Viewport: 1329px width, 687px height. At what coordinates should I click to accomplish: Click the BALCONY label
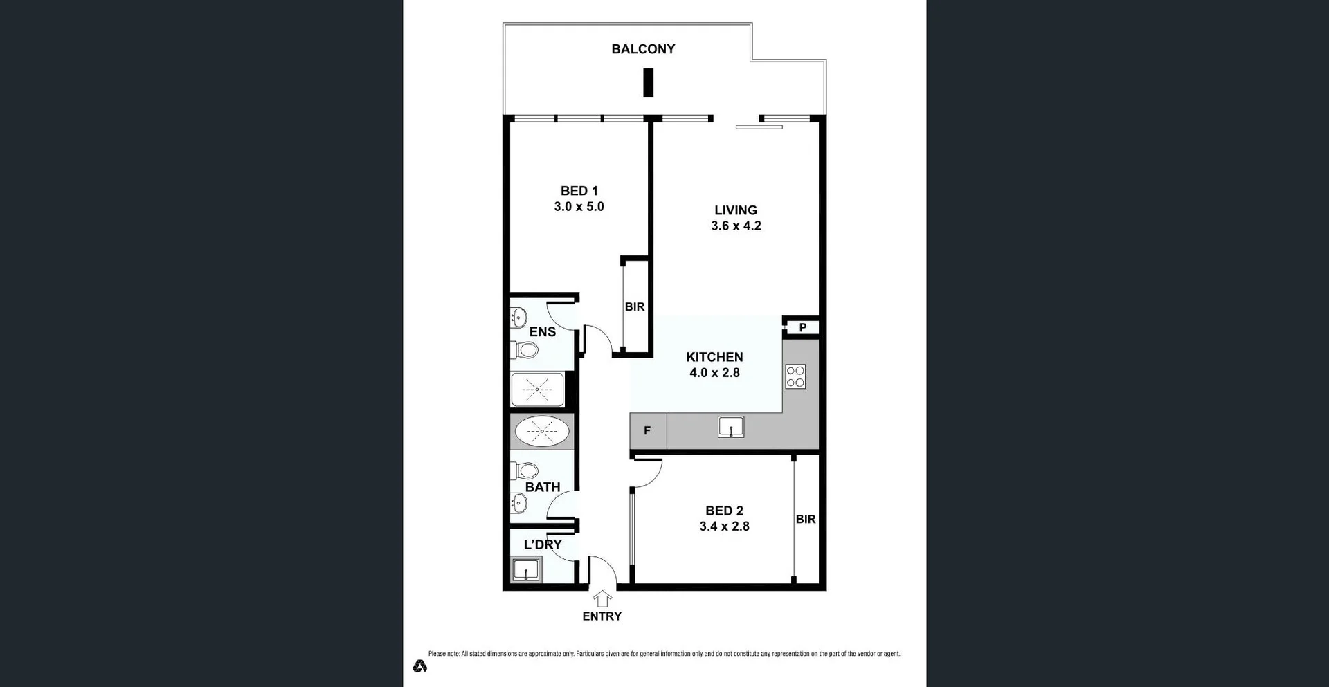[x=643, y=49]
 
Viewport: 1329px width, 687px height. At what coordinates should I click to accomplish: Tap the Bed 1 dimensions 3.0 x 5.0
[x=579, y=207]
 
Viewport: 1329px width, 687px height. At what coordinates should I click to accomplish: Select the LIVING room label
[x=736, y=210]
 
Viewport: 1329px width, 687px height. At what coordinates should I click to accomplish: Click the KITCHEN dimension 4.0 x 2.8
[x=714, y=373]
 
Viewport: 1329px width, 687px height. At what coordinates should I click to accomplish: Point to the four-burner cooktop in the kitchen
[x=795, y=376]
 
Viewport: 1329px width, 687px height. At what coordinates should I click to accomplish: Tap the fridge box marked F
[x=648, y=431]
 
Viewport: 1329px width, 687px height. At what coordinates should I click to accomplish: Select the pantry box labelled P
[x=802, y=327]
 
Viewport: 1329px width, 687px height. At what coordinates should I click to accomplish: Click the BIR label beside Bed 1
[x=635, y=307]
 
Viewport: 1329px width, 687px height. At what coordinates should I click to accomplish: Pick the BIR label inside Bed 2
[x=806, y=519]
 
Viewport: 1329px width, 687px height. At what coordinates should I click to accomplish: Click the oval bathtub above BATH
[x=542, y=432]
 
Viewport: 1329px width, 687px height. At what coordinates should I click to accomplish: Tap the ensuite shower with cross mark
[x=537, y=390]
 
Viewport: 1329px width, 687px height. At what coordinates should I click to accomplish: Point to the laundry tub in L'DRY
[x=525, y=571]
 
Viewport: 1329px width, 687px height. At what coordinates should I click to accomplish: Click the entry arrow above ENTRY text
[x=602, y=598]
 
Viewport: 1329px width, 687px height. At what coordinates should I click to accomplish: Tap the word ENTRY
[x=602, y=616]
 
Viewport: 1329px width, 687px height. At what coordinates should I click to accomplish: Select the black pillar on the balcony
[x=649, y=82]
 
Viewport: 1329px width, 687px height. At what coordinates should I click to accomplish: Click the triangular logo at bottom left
[x=420, y=666]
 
